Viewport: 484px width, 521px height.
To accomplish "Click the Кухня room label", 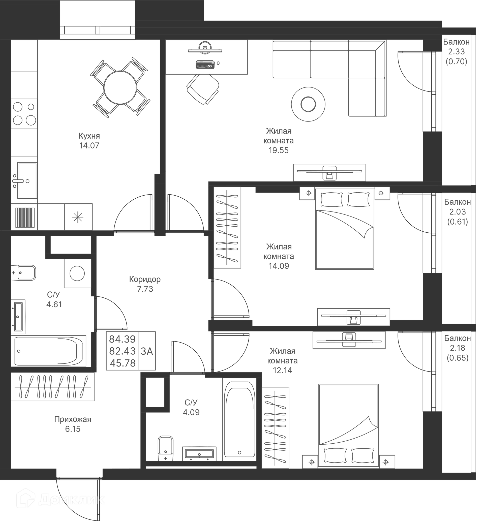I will (x=89, y=136).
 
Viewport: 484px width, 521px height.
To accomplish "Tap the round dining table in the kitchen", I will (x=120, y=87).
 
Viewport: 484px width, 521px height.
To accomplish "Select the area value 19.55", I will (x=278, y=150).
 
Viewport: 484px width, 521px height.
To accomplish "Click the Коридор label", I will (x=145, y=279).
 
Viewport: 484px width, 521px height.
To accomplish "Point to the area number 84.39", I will (x=122, y=339).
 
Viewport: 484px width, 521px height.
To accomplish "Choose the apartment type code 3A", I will (x=147, y=351).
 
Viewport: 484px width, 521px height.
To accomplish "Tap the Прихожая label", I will (x=73, y=419).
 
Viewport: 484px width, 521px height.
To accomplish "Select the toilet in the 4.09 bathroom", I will (x=166, y=448).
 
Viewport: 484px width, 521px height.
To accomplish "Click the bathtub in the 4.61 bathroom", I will (x=49, y=351).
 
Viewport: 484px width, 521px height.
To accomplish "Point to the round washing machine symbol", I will (x=77, y=273).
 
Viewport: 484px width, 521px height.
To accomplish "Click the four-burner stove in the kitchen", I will (x=24, y=114).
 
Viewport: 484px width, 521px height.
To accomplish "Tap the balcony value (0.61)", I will (x=457, y=222).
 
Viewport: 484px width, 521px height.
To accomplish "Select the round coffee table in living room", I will (x=308, y=104).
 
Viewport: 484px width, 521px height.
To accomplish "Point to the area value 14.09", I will (x=279, y=266).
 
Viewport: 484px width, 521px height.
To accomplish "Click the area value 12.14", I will (x=282, y=370).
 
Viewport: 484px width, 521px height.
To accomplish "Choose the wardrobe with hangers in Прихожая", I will (x=53, y=387).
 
